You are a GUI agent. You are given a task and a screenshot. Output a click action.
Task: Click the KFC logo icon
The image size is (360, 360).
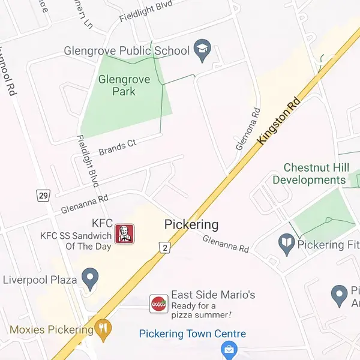(x=124, y=233)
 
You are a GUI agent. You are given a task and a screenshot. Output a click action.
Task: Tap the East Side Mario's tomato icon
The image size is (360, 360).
(x=159, y=304)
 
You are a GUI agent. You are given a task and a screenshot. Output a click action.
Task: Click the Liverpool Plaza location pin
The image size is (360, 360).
(x=90, y=278)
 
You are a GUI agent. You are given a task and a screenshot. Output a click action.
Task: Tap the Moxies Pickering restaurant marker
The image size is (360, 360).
(x=103, y=328)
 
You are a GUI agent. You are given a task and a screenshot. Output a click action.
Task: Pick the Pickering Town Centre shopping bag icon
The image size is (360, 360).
(x=228, y=348)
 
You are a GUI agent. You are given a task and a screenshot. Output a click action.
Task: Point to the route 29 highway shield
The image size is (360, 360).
(x=42, y=196)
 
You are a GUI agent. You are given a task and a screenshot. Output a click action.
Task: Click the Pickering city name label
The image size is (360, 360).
(x=191, y=225)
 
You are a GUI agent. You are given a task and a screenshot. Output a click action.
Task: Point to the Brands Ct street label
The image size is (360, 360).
(x=118, y=147)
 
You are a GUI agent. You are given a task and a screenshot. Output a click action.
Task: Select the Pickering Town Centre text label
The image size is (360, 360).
(x=192, y=334)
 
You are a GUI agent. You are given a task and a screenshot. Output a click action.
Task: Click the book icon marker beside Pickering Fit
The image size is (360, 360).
(x=287, y=244)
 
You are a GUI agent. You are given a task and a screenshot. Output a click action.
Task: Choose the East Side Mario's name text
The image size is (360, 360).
(x=213, y=295)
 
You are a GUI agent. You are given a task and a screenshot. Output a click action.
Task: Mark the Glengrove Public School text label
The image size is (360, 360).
(x=126, y=51)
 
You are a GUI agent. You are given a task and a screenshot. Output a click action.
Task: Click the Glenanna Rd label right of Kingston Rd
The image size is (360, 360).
(x=226, y=243)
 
